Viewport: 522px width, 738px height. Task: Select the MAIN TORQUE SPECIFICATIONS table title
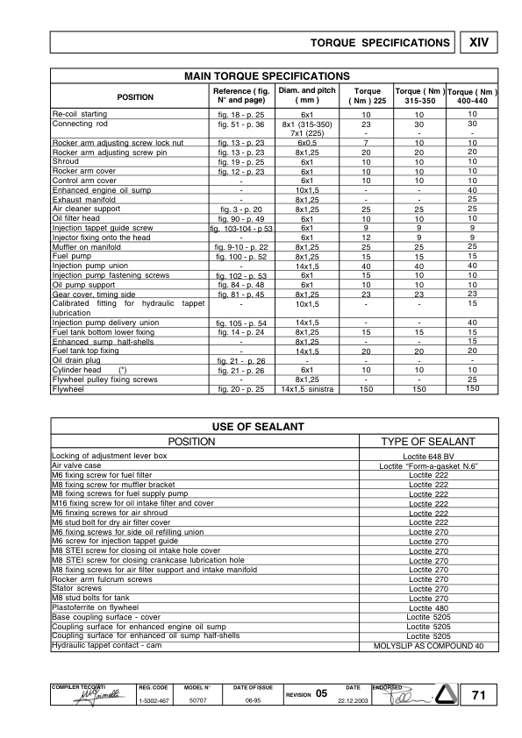point(264,76)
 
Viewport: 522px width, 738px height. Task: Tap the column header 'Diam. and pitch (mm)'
point(307,96)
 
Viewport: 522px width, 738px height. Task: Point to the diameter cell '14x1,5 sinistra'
point(307,389)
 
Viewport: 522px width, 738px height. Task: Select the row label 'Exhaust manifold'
point(83,199)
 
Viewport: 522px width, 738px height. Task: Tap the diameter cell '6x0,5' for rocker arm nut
point(307,142)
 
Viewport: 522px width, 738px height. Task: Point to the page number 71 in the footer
point(477,695)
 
